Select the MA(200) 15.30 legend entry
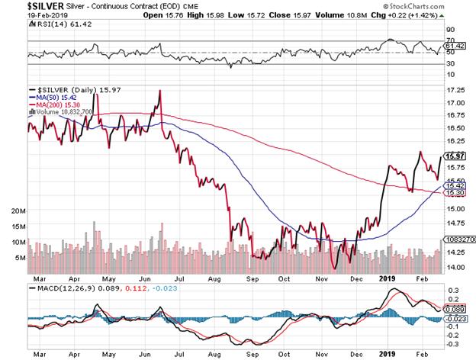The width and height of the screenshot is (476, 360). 57,105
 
